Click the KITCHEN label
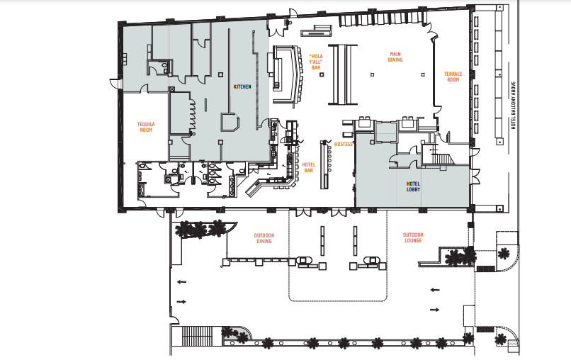(242, 86)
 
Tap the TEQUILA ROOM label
(146, 127)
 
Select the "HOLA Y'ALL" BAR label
(316, 62)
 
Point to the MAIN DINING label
(395, 57)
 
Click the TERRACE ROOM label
(453, 77)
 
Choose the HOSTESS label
(344, 145)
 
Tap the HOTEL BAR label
(308, 168)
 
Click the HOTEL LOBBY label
(413, 186)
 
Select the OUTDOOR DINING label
(264, 238)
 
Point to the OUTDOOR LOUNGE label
(413, 237)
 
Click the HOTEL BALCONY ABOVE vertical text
(514, 106)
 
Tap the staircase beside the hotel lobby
(441, 159)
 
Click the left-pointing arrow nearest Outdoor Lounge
(435, 290)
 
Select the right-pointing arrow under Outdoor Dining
(181, 302)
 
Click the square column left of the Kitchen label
(221, 74)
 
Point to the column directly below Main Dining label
(372, 74)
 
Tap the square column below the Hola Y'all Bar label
(322, 74)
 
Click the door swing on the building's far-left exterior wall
(115, 83)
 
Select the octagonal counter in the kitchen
(230, 122)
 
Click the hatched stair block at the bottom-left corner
(197, 336)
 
